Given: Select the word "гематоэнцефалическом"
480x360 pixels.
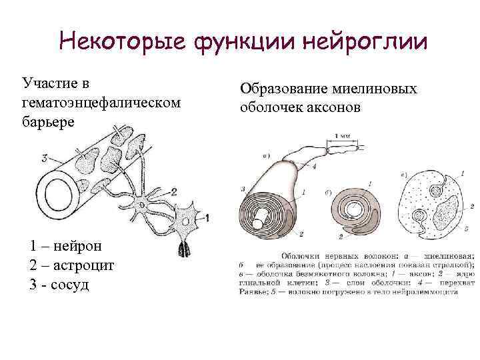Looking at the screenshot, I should click(102, 103).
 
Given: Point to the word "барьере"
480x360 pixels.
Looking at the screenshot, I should click(49, 123).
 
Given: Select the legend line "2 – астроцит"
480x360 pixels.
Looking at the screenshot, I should click(72, 265).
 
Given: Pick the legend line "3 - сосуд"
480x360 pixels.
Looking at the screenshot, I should click(59, 285).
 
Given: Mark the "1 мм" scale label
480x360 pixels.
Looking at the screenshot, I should click(345, 136).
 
